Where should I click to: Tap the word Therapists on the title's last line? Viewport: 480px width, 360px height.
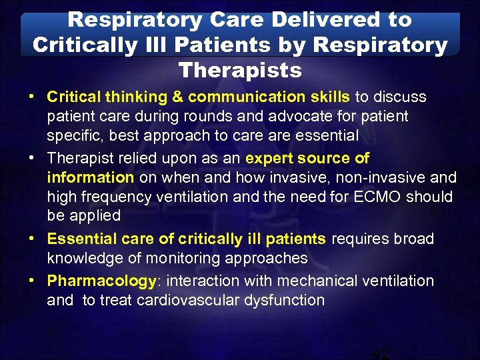click(240, 69)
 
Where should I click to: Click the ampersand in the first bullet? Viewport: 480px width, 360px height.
click(177, 97)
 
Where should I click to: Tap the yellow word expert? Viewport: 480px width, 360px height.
click(268, 158)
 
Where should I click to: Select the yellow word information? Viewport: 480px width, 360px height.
click(91, 177)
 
